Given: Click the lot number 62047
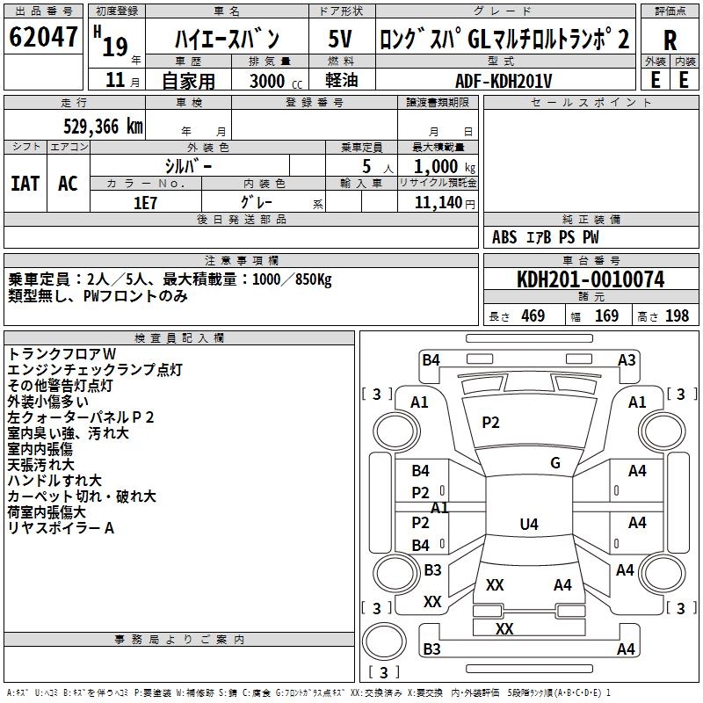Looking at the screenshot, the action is click(x=43, y=37).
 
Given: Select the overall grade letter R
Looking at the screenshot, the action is click(x=670, y=40).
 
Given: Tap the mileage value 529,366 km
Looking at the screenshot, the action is click(x=103, y=127).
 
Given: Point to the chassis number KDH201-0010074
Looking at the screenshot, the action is click(x=591, y=279).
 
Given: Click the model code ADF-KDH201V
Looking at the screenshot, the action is click(x=504, y=81).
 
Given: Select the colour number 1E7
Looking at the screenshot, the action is click(x=145, y=203).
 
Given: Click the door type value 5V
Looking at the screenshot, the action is click(x=340, y=39).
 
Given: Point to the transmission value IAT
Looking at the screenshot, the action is click(x=25, y=184).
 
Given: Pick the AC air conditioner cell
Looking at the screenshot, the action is click(x=69, y=184).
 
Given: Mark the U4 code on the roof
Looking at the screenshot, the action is click(x=529, y=524).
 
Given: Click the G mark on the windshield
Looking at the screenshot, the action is click(x=555, y=463).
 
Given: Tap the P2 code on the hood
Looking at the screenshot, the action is click(x=490, y=423).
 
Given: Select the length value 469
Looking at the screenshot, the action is click(x=533, y=315).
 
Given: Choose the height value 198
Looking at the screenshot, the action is click(x=677, y=315).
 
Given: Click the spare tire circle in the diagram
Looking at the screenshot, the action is click(x=384, y=641).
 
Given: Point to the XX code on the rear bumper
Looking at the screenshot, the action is click(x=504, y=628).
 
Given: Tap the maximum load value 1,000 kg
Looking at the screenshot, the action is click(x=445, y=167).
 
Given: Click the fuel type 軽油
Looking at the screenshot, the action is click(x=342, y=80).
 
